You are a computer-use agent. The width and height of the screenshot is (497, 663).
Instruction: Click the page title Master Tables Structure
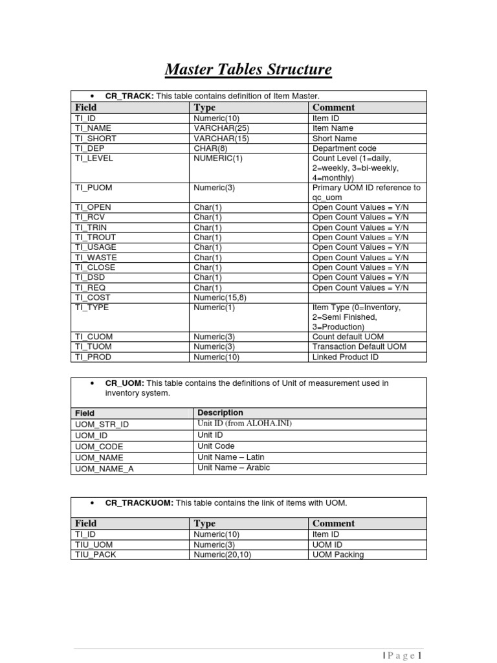(x=248, y=69)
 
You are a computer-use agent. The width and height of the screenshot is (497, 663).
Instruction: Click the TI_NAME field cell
(x=93, y=128)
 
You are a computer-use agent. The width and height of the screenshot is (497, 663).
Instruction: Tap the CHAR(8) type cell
(x=211, y=148)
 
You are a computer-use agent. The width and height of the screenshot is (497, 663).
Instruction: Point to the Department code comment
(x=344, y=148)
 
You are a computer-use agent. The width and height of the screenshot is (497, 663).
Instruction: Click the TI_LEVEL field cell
(x=94, y=158)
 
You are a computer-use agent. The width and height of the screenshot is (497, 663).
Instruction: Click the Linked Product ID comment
(x=346, y=357)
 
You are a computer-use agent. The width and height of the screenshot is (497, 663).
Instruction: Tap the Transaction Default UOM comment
(x=359, y=347)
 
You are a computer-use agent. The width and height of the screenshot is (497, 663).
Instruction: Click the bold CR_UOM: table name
(x=124, y=383)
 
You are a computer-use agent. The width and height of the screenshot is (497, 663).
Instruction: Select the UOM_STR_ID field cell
(x=102, y=423)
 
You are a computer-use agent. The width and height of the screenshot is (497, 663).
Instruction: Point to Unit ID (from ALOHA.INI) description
(x=245, y=423)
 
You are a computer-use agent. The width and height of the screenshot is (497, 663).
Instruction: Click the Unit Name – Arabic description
(x=234, y=468)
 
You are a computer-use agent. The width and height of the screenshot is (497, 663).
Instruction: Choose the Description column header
(x=220, y=412)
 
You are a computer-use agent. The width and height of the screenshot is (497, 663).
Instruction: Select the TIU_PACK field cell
(x=96, y=555)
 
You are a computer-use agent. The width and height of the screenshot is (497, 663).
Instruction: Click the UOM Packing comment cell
(x=338, y=555)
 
